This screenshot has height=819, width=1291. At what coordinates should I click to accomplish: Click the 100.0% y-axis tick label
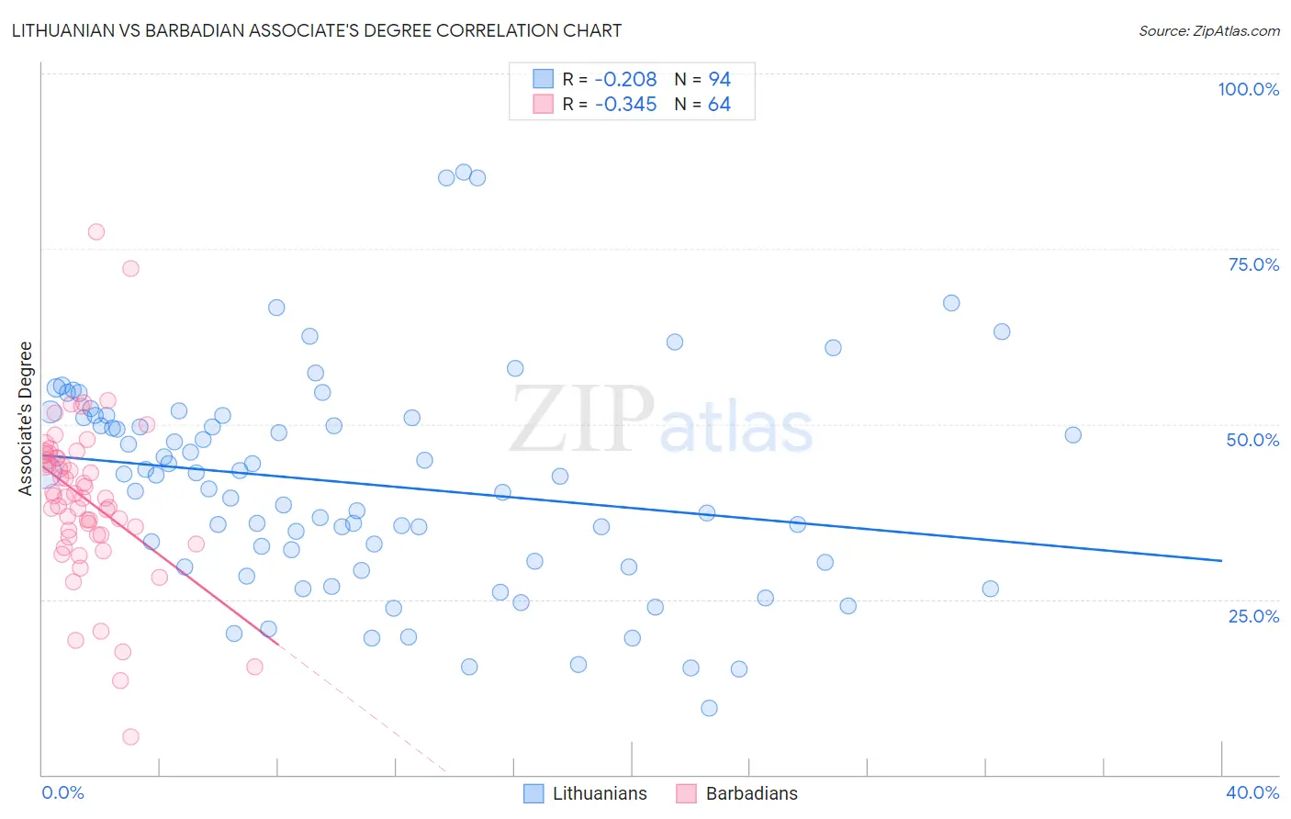tap(1248, 89)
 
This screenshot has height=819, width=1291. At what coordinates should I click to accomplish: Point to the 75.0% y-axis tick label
tap(1253, 264)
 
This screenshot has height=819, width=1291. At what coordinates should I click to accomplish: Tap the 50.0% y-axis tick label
tap(1252, 440)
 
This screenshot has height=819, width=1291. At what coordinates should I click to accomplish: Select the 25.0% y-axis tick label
tap(1253, 616)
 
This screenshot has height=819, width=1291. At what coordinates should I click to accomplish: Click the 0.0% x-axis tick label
tap(62, 792)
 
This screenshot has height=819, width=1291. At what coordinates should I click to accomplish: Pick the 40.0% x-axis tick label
tap(1252, 792)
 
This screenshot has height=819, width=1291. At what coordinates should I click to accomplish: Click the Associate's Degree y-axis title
tap(26, 418)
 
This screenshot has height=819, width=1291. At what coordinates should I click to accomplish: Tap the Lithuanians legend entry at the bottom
tap(599, 793)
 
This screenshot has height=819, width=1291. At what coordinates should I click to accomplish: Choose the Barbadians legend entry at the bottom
tap(751, 793)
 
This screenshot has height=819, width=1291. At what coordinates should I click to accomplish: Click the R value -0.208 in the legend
tap(625, 80)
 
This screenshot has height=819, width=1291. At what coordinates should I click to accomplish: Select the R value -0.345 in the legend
tap(625, 105)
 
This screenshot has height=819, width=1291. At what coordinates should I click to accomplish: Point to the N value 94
tap(719, 80)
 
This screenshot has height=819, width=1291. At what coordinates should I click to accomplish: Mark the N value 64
tap(719, 105)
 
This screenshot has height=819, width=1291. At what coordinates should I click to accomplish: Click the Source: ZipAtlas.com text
tap(1208, 31)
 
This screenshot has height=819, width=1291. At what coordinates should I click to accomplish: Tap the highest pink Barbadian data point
tap(96, 231)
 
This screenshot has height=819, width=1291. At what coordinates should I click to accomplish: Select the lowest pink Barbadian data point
tap(130, 736)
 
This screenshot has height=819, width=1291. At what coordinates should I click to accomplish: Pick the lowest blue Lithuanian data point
tap(709, 708)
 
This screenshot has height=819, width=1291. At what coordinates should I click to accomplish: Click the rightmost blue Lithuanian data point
tap(1072, 435)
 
